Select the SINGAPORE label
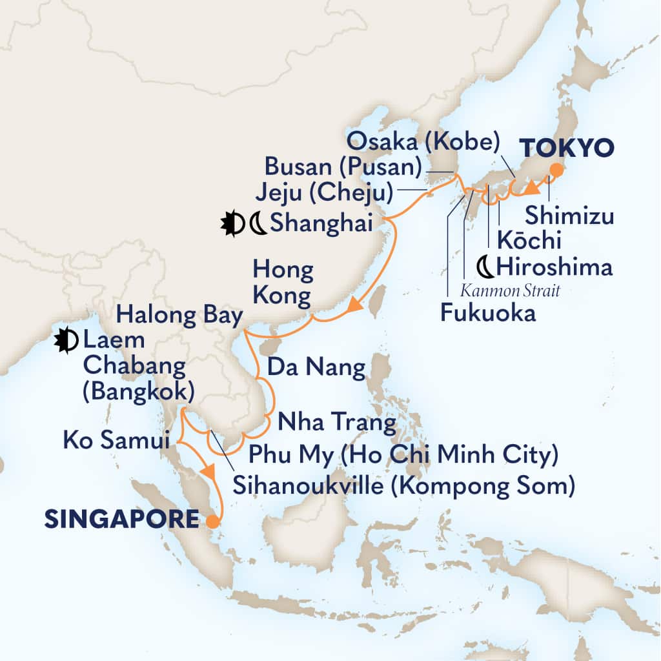[121, 519]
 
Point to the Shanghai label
[321, 224]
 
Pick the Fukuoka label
[488, 314]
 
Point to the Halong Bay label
[179, 316]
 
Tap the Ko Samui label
[117, 442]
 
